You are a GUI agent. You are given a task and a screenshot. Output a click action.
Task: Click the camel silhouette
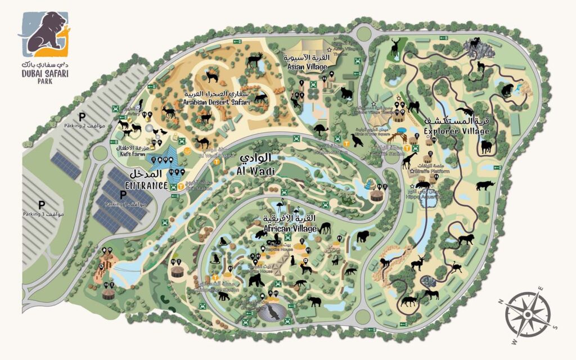(x=202, y=142)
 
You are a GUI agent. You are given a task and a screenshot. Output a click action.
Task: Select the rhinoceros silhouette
(x=485, y=186)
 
